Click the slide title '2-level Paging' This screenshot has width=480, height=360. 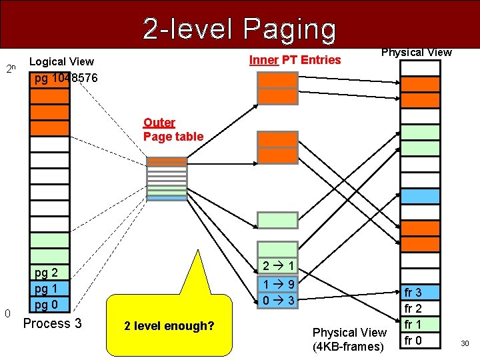click(239, 29)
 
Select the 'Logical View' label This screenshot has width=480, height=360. click(62, 62)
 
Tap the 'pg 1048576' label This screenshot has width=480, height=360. click(66, 78)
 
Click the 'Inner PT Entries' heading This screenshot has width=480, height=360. click(295, 60)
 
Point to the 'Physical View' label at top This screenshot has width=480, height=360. click(416, 52)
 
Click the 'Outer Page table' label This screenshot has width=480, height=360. click(173, 129)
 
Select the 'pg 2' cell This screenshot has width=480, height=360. click(47, 273)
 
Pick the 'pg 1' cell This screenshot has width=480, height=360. click(47, 289)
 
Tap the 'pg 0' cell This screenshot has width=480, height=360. click(47, 305)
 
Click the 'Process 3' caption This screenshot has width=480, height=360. click(53, 324)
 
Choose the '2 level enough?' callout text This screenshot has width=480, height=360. click(169, 326)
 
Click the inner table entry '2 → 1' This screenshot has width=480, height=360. click(278, 266)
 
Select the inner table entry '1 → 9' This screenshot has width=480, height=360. click(278, 285)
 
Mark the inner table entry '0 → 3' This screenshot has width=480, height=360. click(278, 301)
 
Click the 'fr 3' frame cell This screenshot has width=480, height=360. click(413, 293)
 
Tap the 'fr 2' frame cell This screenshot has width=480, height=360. click(413, 309)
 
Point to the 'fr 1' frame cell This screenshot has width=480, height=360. click(413, 325)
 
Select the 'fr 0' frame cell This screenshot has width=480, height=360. click(413, 341)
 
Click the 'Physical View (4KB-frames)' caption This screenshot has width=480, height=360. click(349, 339)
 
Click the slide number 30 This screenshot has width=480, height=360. click(465, 343)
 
